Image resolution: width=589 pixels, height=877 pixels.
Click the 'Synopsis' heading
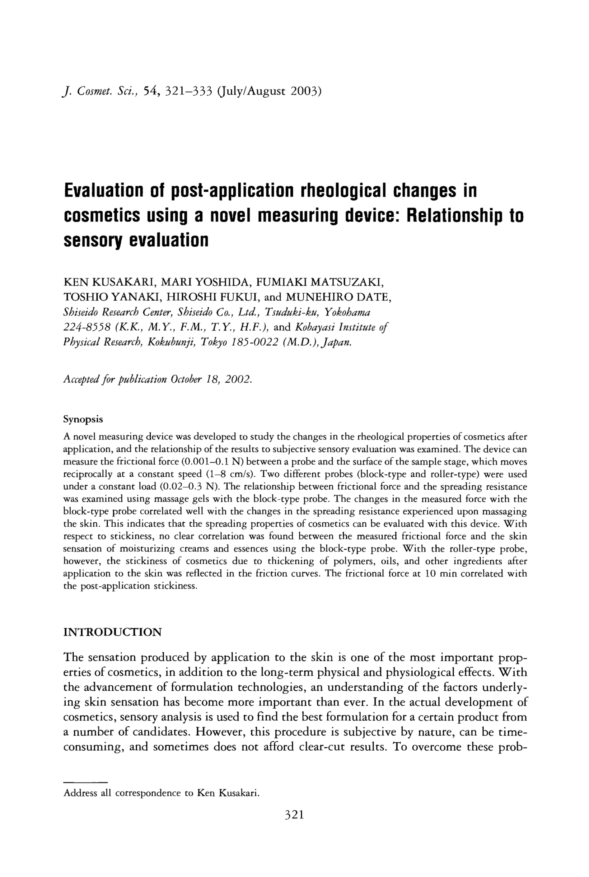[x=83, y=419]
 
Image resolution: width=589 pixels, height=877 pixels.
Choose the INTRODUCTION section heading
[x=112, y=632]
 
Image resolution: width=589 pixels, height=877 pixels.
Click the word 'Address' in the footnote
[x=79, y=793]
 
